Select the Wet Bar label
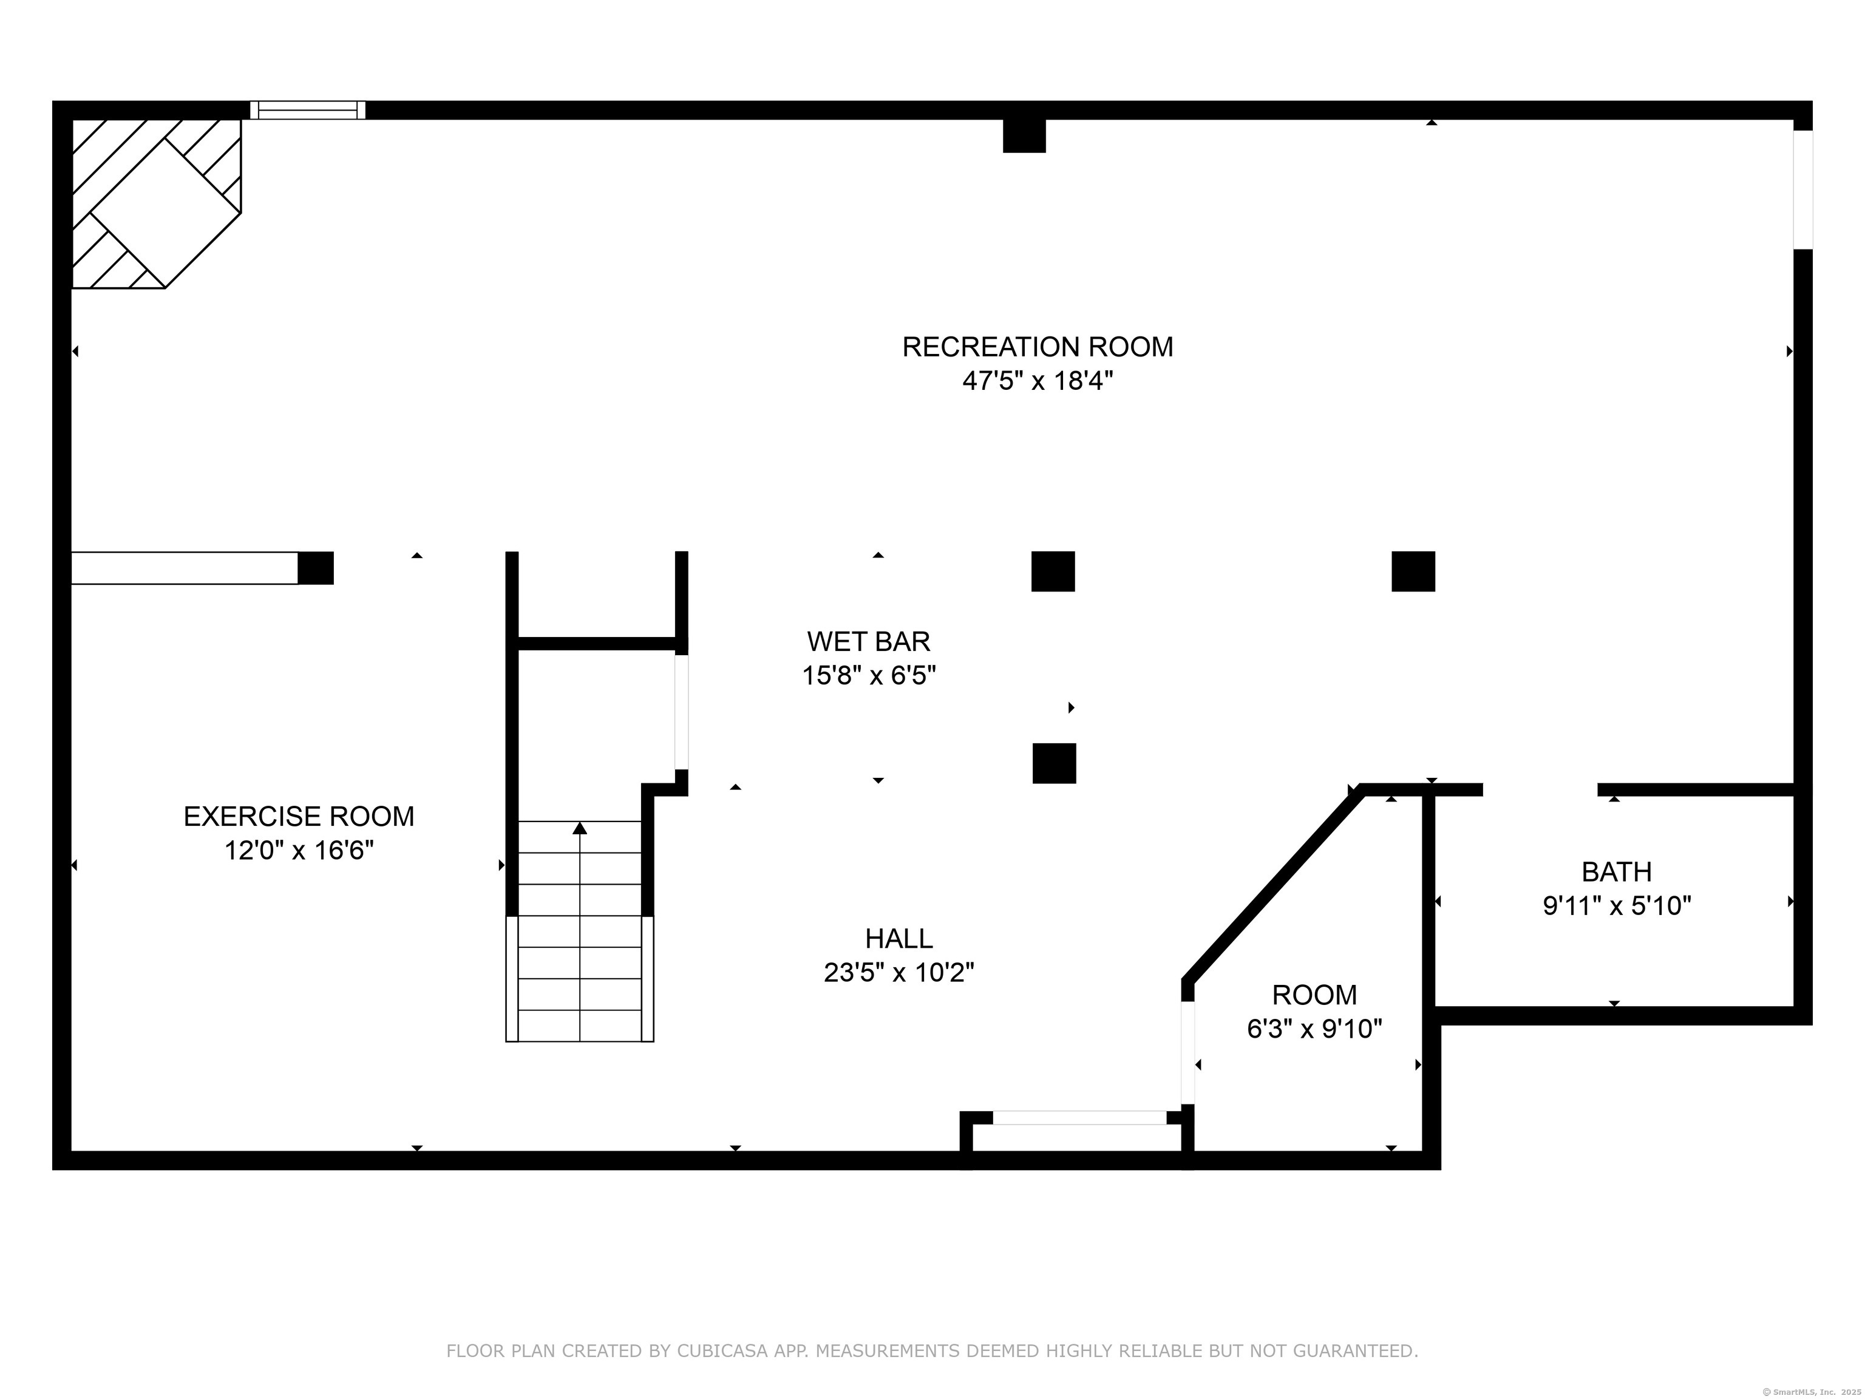pyautogui.click(x=868, y=642)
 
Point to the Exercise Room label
pyautogui.click(x=299, y=816)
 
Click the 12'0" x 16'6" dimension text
pyautogui.click(x=299, y=851)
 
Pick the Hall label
pyautogui.click(x=899, y=939)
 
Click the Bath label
pyautogui.click(x=1616, y=871)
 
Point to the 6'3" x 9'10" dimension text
pyautogui.click(x=1314, y=1029)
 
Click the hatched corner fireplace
pyautogui.click(x=156, y=203)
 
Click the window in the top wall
pyautogui.click(x=308, y=110)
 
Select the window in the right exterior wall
pyautogui.click(x=1802, y=189)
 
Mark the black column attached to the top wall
pyautogui.click(x=1024, y=136)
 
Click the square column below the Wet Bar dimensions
pyautogui.click(x=1054, y=763)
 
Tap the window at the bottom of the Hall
pyautogui.click(x=1079, y=1117)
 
